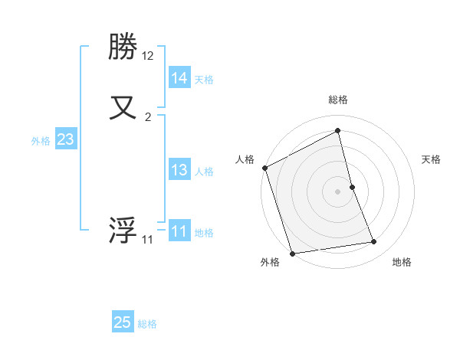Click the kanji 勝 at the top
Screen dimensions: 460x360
[x=123, y=48]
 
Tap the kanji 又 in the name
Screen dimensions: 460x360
[x=123, y=107]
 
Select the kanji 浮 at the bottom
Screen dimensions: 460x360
[x=123, y=231]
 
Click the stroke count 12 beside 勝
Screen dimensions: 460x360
[x=148, y=56]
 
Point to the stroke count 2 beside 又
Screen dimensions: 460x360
[x=148, y=117]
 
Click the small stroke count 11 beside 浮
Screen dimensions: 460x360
[x=147, y=240]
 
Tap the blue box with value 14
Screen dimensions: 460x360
[x=179, y=78]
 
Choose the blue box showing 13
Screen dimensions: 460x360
[x=179, y=170]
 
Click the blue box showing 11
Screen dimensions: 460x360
[x=179, y=231]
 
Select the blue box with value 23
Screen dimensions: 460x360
[x=65, y=139]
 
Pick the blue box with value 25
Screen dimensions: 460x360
[x=123, y=322]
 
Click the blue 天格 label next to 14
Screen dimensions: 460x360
[x=204, y=79]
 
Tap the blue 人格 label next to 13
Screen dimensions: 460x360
[x=204, y=171]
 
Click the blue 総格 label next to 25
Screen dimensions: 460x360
[x=147, y=324]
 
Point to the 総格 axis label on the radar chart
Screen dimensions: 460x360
[x=338, y=100]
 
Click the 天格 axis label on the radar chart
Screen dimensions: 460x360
[x=432, y=159]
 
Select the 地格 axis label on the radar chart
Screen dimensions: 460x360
[x=402, y=262]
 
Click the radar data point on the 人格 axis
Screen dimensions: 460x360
[x=264, y=168]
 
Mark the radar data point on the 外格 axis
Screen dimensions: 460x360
[x=292, y=253]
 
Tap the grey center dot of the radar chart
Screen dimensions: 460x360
[x=338, y=191]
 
